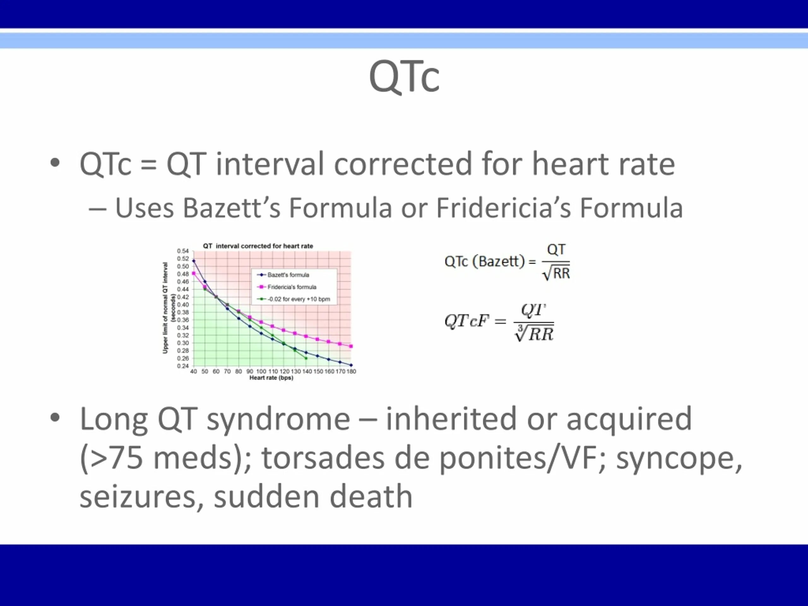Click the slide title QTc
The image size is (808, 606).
[404, 77]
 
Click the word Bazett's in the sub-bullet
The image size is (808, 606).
[232, 208]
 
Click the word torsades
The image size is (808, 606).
[323, 458]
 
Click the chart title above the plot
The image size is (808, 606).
[258, 246]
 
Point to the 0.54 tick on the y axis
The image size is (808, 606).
[183, 251]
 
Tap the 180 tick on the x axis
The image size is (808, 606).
[351, 371]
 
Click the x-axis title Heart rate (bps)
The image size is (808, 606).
[271, 378]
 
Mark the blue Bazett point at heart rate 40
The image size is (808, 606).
[193, 261]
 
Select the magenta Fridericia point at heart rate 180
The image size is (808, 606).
[351, 346]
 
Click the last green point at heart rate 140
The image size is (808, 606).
[306, 358]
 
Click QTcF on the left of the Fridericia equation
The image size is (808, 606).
[466, 321]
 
